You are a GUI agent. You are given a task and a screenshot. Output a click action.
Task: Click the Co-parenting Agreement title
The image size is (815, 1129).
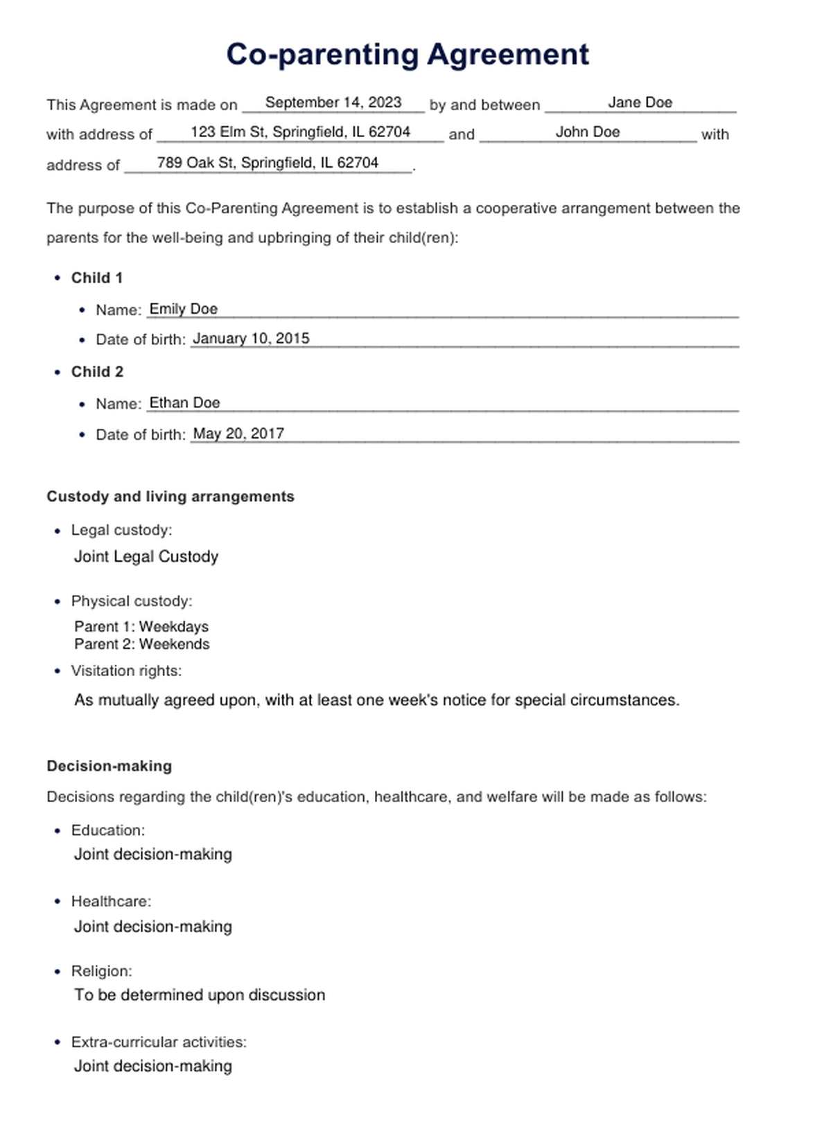tap(407, 55)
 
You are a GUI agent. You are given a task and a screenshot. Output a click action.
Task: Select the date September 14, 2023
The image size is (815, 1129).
tap(333, 103)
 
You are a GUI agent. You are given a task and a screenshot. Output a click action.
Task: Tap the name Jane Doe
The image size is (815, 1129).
tap(640, 103)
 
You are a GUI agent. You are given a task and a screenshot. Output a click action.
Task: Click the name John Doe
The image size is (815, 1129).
tap(587, 132)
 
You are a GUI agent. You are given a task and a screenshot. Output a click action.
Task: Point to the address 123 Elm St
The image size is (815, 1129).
tap(300, 132)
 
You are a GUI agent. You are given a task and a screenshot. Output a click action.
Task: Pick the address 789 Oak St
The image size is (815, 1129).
tap(268, 163)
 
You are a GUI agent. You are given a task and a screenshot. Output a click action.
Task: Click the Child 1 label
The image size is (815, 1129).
tap(97, 278)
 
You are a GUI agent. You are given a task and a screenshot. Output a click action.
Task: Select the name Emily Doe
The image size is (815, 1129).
tap(184, 309)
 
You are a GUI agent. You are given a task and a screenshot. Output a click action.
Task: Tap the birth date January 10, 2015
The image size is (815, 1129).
tap(251, 339)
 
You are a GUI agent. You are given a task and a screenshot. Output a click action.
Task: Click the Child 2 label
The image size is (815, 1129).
tap(97, 372)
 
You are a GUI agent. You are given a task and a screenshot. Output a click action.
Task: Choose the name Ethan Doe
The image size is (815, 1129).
tap(184, 403)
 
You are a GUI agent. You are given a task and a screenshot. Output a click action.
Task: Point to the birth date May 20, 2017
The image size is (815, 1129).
tap(238, 434)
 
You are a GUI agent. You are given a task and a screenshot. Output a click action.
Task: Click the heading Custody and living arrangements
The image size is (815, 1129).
tap(170, 497)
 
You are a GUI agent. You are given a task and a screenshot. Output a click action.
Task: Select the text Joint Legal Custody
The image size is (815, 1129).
tap(146, 557)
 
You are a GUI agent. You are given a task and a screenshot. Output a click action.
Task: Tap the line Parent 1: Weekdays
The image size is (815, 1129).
tap(141, 627)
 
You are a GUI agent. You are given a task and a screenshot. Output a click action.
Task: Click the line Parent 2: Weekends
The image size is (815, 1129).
tap(142, 644)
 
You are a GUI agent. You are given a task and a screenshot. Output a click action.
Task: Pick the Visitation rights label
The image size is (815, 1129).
tap(126, 671)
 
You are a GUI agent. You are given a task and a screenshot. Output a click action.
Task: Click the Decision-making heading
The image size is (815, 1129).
tap(109, 766)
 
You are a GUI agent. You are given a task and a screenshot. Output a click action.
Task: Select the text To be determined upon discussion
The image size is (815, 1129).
tap(200, 995)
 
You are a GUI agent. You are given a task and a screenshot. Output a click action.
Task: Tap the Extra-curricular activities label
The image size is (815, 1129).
tap(159, 1042)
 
